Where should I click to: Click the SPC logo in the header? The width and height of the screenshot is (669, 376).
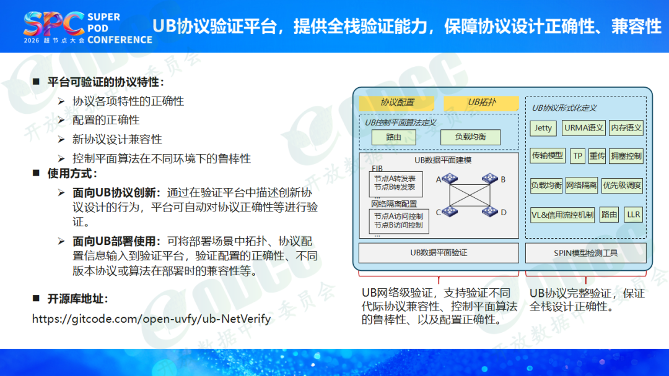pyautogui.click(x=54, y=23)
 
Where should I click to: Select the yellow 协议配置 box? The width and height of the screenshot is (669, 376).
pyautogui.click(x=397, y=103)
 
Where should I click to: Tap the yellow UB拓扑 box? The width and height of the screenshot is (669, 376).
pyautogui.click(x=481, y=103)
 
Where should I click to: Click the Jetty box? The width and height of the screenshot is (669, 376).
pyautogui.click(x=543, y=128)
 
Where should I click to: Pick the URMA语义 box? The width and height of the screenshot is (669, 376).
pyautogui.click(x=584, y=128)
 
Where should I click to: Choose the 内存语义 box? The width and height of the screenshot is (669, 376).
pyautogui.click(x=626, y=128)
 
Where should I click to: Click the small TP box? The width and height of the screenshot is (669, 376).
pyautogui.click(x=577, y=156)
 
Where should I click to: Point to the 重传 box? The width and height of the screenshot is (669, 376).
pyautogui.click(x=597, y=156)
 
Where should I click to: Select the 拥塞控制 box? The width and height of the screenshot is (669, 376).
pyautogui.click(x=626, y=156)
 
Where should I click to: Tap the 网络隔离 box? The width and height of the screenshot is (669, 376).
pyautogui.click(x=581, y=186)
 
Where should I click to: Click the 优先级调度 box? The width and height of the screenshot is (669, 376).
pyautogui.click(x=622, y=186)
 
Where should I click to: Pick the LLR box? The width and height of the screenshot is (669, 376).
pyautogui.click(x=634, y=215)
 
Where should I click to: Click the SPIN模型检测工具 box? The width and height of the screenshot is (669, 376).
pyautogui.click(x=586, y=253)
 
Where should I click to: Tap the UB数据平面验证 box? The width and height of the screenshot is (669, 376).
pyautogui.click(x=439, y=253)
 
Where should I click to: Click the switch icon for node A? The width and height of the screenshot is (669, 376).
pyautogui.click(x=450, y=179)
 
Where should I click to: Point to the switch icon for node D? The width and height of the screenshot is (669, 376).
pyautogui.click(x=490, y=211)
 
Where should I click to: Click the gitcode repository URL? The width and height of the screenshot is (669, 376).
pyautogui.click(x=152, y=319)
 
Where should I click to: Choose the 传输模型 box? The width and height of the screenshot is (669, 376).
pyautogui.click(x=548, y=156)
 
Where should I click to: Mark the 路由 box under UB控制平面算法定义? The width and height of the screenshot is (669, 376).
pyautogui.click(x=394, y=137)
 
